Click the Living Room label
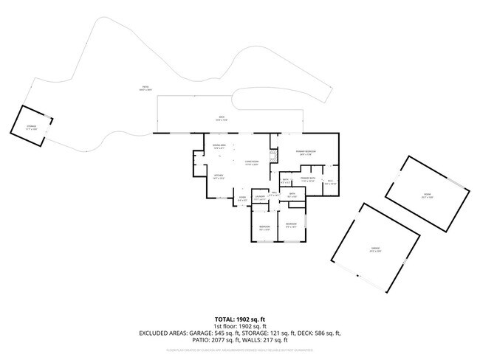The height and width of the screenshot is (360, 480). point(251,162)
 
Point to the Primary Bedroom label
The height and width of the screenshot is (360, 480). point(306,153)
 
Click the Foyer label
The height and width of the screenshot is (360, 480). point(242,198)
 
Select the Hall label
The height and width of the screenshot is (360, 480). point(273,193)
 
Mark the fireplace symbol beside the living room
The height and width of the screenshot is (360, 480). point(272,157)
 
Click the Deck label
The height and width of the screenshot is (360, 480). point(220,118)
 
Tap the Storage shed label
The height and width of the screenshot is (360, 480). point(32,127)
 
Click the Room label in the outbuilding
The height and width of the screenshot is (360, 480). point(426,197)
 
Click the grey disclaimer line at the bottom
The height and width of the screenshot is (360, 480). point(239,349)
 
